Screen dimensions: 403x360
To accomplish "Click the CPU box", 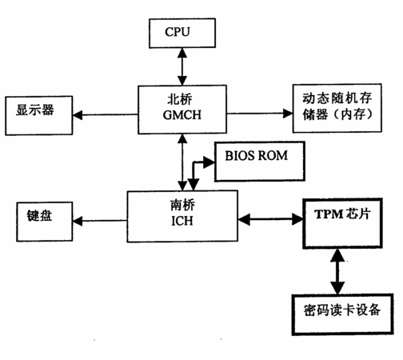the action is pos(182,33).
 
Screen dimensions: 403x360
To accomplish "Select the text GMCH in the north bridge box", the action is pos(182,115).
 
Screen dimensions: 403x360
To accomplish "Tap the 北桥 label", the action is pos(179,99).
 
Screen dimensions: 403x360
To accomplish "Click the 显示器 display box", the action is pos(39,115).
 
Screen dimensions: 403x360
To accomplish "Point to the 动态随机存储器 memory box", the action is pos(337,108).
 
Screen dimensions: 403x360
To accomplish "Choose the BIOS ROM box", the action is pos(260,162).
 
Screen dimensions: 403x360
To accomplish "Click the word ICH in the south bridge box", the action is pos(182,221).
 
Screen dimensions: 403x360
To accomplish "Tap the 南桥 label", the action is pos(182,205).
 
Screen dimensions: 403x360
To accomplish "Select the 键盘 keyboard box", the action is pos(45,222).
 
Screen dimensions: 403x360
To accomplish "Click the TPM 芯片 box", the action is pos(342,223).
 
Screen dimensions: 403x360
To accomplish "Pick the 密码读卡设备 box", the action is pos(343,314).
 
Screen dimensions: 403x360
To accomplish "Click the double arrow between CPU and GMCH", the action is pos(182,66).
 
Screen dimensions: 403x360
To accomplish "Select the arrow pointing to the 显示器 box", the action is pos(106,115).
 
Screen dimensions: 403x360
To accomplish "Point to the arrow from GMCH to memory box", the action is pos(260,114).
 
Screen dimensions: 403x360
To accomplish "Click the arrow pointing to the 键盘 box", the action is pos(100,221).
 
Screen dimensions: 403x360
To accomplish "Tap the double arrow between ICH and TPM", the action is pos(270,219).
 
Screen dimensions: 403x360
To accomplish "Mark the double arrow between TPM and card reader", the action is pos(337,271).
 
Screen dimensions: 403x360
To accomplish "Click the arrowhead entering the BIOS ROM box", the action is pos(209,162).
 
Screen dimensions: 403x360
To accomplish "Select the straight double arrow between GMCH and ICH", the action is pos(182,162).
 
